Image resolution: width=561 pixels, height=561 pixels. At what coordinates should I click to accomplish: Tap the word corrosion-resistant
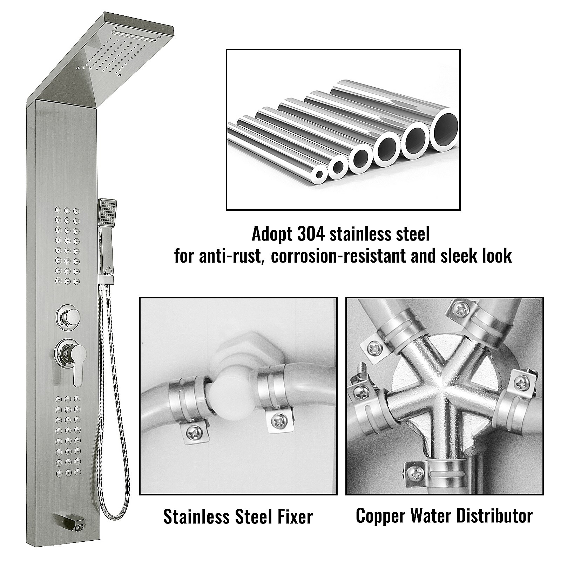coord(340,256)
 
